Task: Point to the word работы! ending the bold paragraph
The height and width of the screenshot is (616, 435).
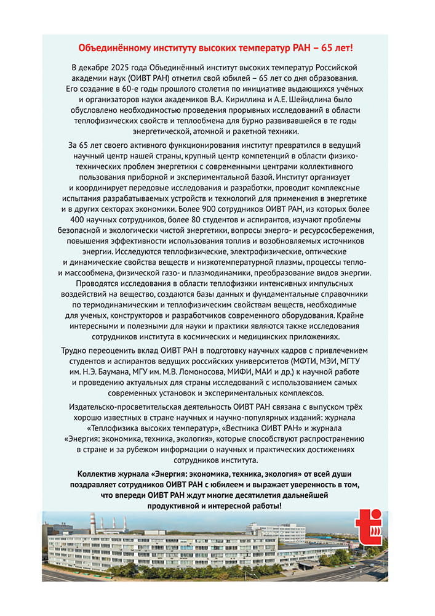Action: [x=265, y=505]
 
